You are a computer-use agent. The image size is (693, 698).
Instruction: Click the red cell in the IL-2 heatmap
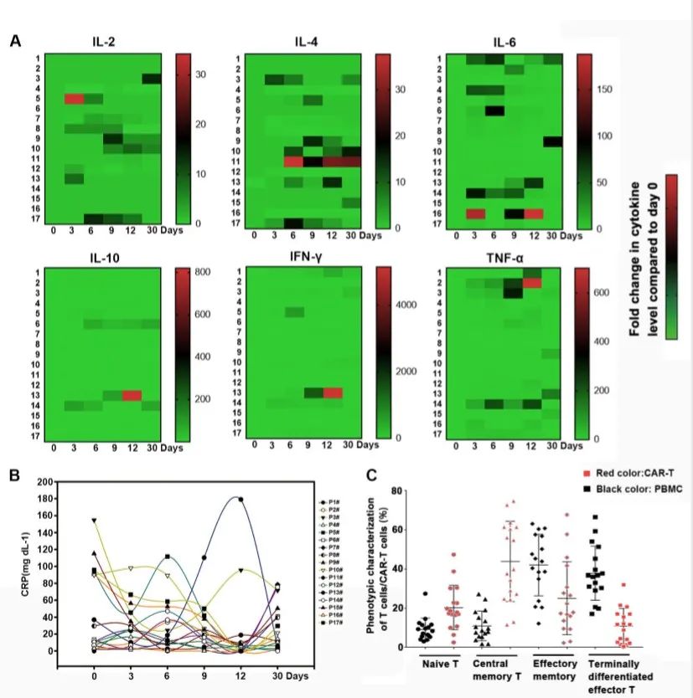[74, 99]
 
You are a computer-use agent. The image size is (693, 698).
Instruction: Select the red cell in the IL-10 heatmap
[131, 395]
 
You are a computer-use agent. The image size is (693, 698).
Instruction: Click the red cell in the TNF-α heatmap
[532, 283]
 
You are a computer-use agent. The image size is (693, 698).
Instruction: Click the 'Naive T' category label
[438, 661]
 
